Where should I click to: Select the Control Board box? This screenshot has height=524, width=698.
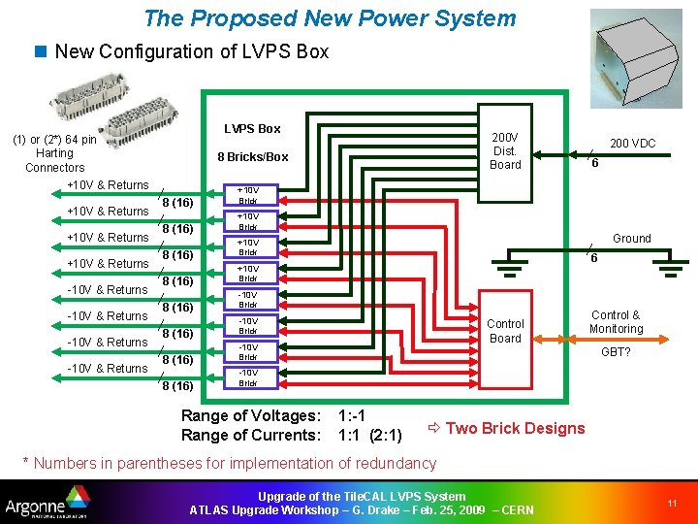[x=504, y=331]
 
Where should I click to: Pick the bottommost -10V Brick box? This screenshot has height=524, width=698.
[x=248, y=377]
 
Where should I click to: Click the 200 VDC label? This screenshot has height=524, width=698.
[x=632, y=144]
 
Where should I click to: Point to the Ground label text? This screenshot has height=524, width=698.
[x=632, y=238]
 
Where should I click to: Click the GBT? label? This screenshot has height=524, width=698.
[x=616, y=351]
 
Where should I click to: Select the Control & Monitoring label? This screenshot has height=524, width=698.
[x=616, y=321]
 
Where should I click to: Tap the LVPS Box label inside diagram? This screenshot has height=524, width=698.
[x=252, y=128]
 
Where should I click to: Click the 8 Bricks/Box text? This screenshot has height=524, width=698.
[x=252, y=156]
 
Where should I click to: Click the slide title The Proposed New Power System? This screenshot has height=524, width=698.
[x=330, y=18]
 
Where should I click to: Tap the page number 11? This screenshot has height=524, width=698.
[x=671, y=503]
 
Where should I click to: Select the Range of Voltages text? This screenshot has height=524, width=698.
[x=251, y=415]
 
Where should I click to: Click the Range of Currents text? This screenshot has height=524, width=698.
[x=251, y=435]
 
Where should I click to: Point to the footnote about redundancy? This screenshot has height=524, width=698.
[x=229, y=463]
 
